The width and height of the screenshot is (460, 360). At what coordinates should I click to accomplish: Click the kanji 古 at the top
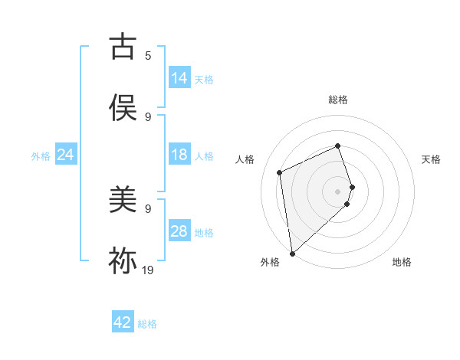123,47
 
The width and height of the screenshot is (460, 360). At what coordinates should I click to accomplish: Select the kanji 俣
123,107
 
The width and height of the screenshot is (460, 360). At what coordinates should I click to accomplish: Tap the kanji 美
123,201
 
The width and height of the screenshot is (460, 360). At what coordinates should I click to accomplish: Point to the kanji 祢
123,260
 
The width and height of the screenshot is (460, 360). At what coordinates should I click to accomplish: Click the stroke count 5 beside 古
148,56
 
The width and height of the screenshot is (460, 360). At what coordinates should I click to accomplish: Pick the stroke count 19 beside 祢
148,270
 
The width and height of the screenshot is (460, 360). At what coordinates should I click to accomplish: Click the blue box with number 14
179,78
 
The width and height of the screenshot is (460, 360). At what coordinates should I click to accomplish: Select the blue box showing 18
179,155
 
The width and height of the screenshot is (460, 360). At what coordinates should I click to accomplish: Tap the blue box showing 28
179,231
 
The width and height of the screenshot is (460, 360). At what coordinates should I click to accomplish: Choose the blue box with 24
66,155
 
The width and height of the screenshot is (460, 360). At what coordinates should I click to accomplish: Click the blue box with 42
123,322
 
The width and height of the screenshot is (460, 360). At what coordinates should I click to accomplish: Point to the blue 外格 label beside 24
41,156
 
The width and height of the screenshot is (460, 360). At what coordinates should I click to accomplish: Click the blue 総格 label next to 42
147,324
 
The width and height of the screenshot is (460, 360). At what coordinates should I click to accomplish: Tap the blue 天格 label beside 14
204,80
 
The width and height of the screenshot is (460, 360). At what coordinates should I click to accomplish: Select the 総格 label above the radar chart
338,100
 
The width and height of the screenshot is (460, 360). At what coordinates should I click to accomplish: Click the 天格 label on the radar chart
432,159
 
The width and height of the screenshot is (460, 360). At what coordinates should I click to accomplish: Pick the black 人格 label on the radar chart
245,159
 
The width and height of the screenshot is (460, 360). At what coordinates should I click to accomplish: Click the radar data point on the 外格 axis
291,252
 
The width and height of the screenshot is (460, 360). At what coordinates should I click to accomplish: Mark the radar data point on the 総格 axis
338,146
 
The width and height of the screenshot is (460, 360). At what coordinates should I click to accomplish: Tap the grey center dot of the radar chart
338,190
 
